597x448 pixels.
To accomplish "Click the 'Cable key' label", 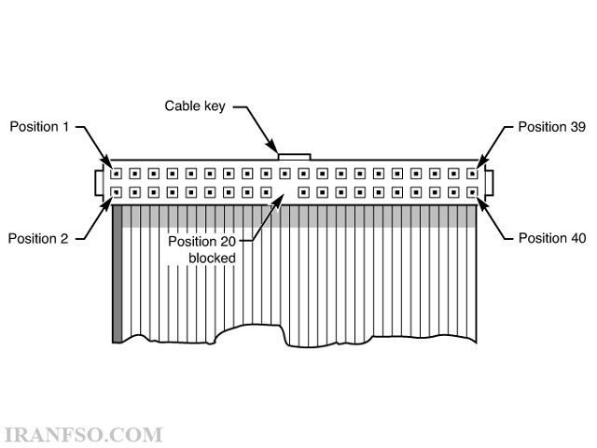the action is click(x=195, y=106).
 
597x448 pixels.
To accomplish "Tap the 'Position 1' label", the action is click(x=39, y=127).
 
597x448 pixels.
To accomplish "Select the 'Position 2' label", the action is click(x=38, y=239).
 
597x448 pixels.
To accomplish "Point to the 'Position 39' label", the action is click(x=551, y=127).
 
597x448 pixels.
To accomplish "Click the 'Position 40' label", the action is click(x=552, y=238).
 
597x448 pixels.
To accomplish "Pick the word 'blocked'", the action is click(x=212, y=258).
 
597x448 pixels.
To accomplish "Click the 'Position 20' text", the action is click(x=201, y=241).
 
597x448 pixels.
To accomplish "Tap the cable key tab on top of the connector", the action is click(x=295, y=157).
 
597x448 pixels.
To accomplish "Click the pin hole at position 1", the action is click(x=116, y=174).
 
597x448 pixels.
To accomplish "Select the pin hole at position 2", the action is click(x=116, y=192).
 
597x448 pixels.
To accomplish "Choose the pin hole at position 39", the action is click(x=472, y=174).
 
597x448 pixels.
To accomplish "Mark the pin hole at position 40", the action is click(x=472, y=192).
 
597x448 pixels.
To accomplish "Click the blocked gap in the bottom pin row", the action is click(x=285, y=192).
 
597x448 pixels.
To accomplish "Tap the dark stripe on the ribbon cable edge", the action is click(x=118, y=273).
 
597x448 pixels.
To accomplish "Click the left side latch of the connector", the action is click(x=99, y=183).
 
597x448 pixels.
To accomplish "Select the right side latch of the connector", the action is click(x=489, y=183).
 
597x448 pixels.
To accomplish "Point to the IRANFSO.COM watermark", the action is click(x=83, y=436).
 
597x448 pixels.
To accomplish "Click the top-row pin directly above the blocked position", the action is click(x=285, y=174).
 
